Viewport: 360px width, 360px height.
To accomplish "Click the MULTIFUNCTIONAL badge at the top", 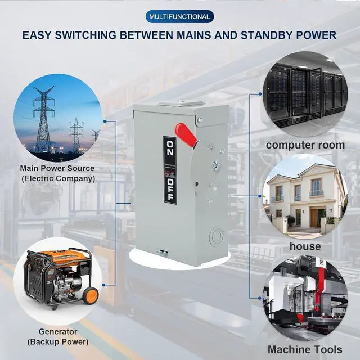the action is pyautogui.click(x=179, y=17).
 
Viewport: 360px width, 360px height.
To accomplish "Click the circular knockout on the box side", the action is pyautogui.click(x=216, y=236).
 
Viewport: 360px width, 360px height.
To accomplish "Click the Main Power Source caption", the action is pyautogui.click(x=57, y=168).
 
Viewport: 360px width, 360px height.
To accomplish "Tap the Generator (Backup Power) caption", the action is pyautogui.click(x=63, y=336).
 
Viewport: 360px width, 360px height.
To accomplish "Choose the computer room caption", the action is pyautogui.click(x=305, y=145).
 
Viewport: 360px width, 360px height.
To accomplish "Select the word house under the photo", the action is pyautogui.click(x=305, y=246).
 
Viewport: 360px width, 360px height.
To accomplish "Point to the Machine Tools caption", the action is pyautogui.click(x=305, y=349).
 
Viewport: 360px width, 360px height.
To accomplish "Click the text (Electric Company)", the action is pyautogui.click(x=57, y=179).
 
